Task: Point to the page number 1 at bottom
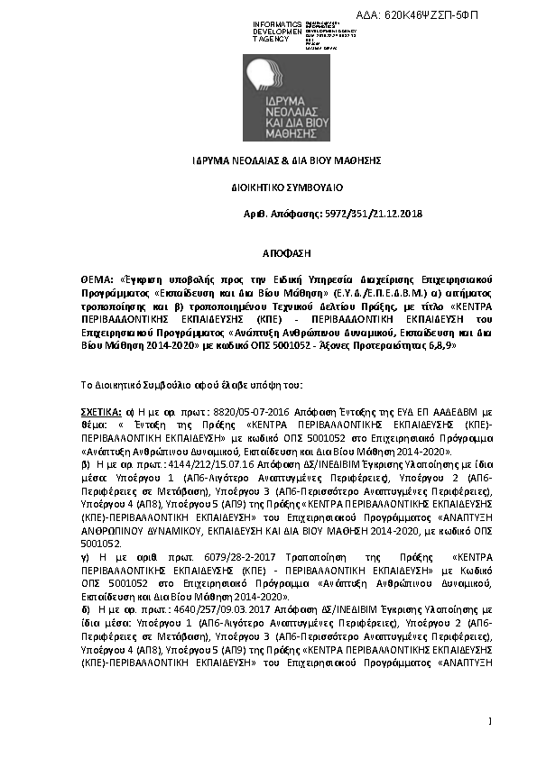click(x=489, y=720)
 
